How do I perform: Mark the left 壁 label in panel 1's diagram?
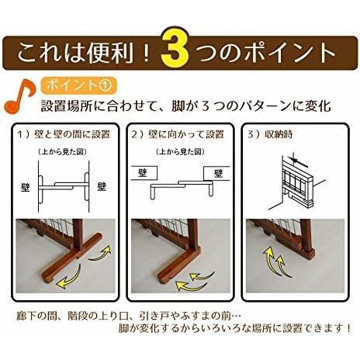(26, 186)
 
